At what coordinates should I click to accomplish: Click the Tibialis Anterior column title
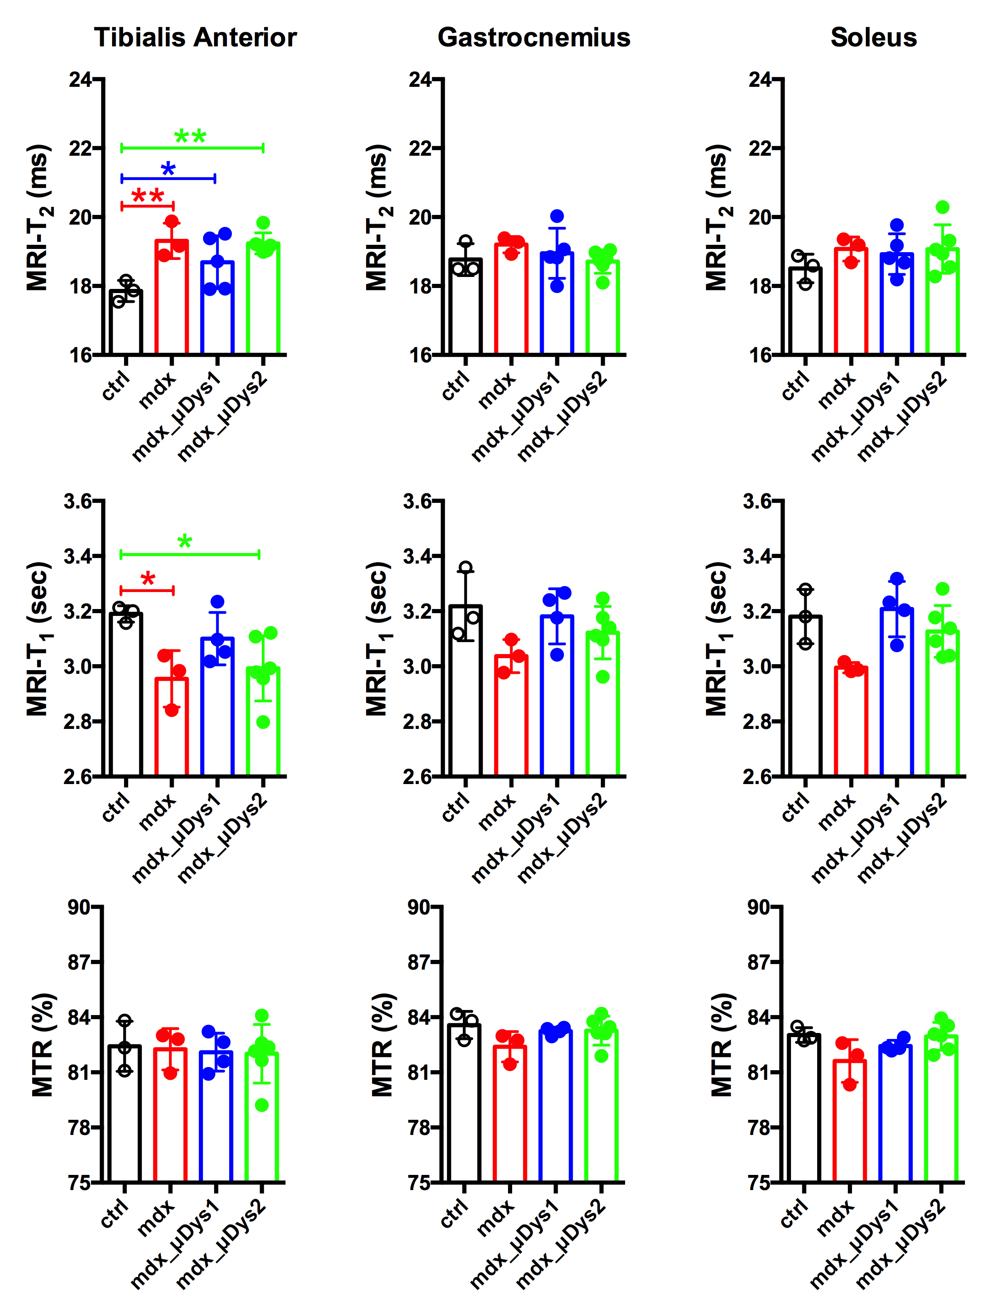(x=195, y=38)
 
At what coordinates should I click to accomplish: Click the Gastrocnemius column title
(x=534, y=38)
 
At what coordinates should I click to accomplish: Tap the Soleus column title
(x=873, y=38)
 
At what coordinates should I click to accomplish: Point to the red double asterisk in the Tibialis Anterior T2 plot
(x=147, y=197)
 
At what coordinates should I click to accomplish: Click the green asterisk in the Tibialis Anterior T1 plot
(x=185, y=542)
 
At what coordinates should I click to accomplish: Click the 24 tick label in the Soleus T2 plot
(x=760, y=79)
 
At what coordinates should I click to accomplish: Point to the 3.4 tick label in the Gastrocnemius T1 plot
(x=418, y=556)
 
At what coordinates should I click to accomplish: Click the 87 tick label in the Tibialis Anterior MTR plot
(x=79, y=962)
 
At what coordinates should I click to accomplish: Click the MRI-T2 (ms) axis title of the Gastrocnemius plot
(x=378, y=218)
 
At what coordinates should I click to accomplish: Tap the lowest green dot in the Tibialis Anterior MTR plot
(x=262, y=1105)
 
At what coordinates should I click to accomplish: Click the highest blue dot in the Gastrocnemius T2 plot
(x=557, y=216)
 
